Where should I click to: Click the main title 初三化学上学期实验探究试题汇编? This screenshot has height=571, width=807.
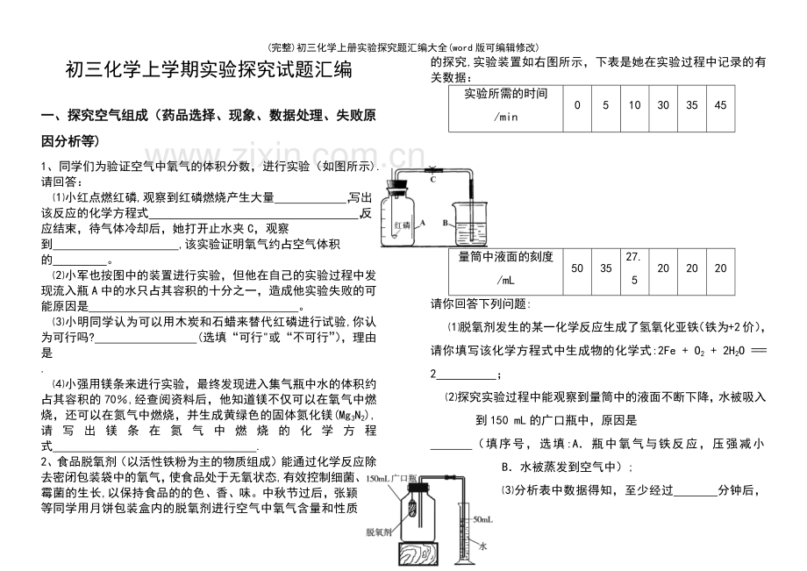point(209,71)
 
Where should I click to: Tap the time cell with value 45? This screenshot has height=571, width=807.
point(720,105)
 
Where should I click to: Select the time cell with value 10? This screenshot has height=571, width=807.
point(634,105)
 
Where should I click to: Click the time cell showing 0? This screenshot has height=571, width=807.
point(576,105)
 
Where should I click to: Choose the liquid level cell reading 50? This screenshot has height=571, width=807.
point(576,268)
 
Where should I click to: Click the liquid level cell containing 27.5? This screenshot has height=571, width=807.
point(634,267)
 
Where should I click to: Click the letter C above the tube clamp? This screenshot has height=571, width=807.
point(432,180)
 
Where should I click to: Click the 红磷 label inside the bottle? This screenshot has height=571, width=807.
point(401,225)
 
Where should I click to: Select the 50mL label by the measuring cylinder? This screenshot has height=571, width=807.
point(483,520)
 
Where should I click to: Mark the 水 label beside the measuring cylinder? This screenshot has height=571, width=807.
point(482,545)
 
